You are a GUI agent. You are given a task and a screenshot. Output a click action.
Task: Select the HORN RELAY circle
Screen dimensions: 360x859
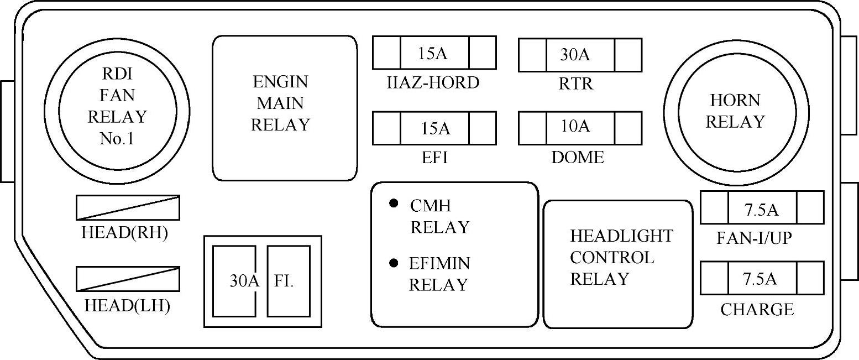coord(735,112)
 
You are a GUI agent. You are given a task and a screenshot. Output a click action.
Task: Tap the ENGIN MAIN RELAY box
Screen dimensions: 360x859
coord(285,108)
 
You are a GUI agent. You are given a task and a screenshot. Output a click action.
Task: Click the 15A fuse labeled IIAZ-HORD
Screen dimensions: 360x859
coord(434,53)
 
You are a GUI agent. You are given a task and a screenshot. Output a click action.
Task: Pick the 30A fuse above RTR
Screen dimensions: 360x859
coord(580,55)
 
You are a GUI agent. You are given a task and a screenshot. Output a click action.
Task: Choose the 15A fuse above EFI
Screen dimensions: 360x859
coord(434,128)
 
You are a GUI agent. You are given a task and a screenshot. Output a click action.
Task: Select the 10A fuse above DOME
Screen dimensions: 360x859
coord(580,128)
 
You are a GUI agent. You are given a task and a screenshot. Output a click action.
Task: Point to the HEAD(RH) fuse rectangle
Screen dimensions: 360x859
coord(128,207)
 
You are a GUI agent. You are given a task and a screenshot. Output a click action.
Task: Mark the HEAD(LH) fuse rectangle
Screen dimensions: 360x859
coord(128,279)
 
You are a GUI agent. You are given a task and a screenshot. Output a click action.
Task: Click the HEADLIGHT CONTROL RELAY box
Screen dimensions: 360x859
coord(618,264)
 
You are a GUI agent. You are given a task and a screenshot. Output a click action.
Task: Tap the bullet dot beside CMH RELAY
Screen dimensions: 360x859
coord(394,203)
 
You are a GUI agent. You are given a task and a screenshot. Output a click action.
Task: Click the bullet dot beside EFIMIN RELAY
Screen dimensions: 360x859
coord(394,263)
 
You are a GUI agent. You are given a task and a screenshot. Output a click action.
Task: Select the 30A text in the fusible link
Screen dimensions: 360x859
coord(244,281)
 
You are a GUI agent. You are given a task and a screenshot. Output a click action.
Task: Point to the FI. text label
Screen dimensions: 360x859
coord(284,281)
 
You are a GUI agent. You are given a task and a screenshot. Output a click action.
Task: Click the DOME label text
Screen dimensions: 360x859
coord(578,158)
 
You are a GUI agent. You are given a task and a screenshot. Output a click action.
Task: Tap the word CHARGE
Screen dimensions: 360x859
coord(757,310)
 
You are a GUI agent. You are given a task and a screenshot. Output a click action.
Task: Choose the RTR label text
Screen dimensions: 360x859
coord(576,84)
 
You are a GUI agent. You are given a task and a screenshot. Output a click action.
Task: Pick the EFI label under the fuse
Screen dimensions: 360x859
coord(434,158)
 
